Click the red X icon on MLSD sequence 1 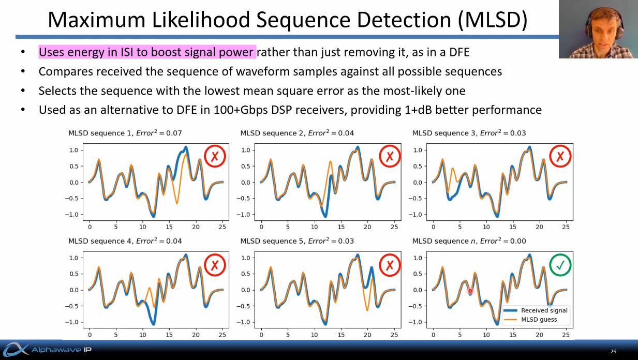tap(215, 156)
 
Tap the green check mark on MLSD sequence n tap(560, 265)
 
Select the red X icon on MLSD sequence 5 tap(390, 265)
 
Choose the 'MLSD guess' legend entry tap(539, 319)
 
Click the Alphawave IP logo tap(47, 350)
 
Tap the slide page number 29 tap(613, 352)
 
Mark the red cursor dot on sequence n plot tap(470, 291)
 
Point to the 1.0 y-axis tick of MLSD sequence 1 tap(73, 151)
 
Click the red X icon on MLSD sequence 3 tap(560, 156)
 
